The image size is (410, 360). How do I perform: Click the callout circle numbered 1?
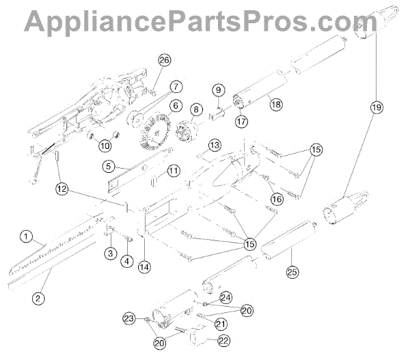coord(26,237)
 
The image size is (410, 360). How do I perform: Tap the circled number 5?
coord(108,165)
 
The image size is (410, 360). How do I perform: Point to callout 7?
coord(176,87)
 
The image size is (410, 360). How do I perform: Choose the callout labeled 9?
coord(218,89)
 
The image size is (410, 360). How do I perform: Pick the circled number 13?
coord(214,146)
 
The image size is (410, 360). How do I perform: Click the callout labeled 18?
coord(275,105)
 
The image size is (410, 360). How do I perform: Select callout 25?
coord(292,271)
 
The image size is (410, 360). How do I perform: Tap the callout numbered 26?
coord(163,60)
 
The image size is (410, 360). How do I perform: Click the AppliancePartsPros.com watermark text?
coord(204,21)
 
